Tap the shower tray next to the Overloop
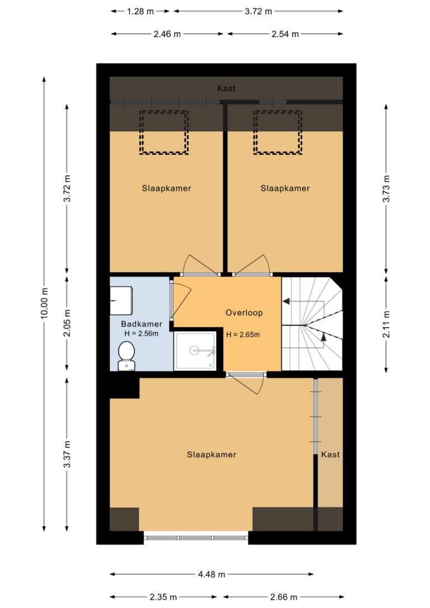pos(195,350)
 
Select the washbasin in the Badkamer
pos(121,301)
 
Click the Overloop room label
pos(244,312)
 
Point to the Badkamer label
pos(142,324)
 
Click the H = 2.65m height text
pos(243,334)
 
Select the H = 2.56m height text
pos(142,334)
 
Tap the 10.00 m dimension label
pos(44,304)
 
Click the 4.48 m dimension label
pos(212,574)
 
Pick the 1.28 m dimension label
pos(141,11)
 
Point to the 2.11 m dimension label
pos(386,324)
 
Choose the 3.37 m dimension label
pos(67,454)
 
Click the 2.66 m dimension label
pos(283,597)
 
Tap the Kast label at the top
pos(226,88)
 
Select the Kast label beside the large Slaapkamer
pos(330,455)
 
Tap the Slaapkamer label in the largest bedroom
pos(212,455)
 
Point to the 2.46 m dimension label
pos(167,34)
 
